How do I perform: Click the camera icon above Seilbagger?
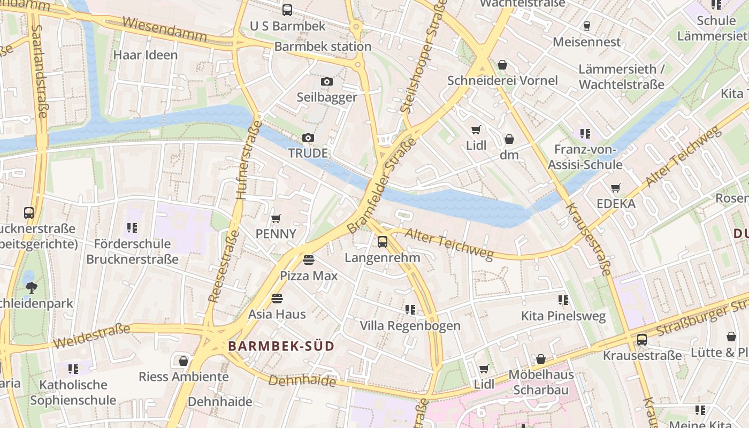click(327, 82)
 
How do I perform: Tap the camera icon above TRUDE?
click(308, 138)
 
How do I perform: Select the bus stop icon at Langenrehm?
click(383, 241)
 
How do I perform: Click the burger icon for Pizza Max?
click(309, 260)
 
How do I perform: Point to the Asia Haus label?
click(277, 314)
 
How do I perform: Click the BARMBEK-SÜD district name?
click(281, 346)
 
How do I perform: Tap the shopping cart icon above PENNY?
click(276, 218)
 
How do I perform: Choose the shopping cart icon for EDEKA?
click(616, 188)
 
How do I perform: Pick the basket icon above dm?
click(509, 139)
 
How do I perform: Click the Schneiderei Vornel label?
click(502, 81)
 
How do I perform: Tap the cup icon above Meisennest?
click(587, 26)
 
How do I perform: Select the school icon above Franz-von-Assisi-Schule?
click(585, 133)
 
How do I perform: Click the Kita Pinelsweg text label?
click(563, 316)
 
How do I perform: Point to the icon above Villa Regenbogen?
click(410, 309)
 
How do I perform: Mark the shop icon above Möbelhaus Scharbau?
click(541, 358)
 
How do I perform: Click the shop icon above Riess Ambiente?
click(184, 361)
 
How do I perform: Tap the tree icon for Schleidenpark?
click(32, 287)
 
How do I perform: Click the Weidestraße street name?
click(91, 335)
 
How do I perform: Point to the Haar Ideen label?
click(146, 55)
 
